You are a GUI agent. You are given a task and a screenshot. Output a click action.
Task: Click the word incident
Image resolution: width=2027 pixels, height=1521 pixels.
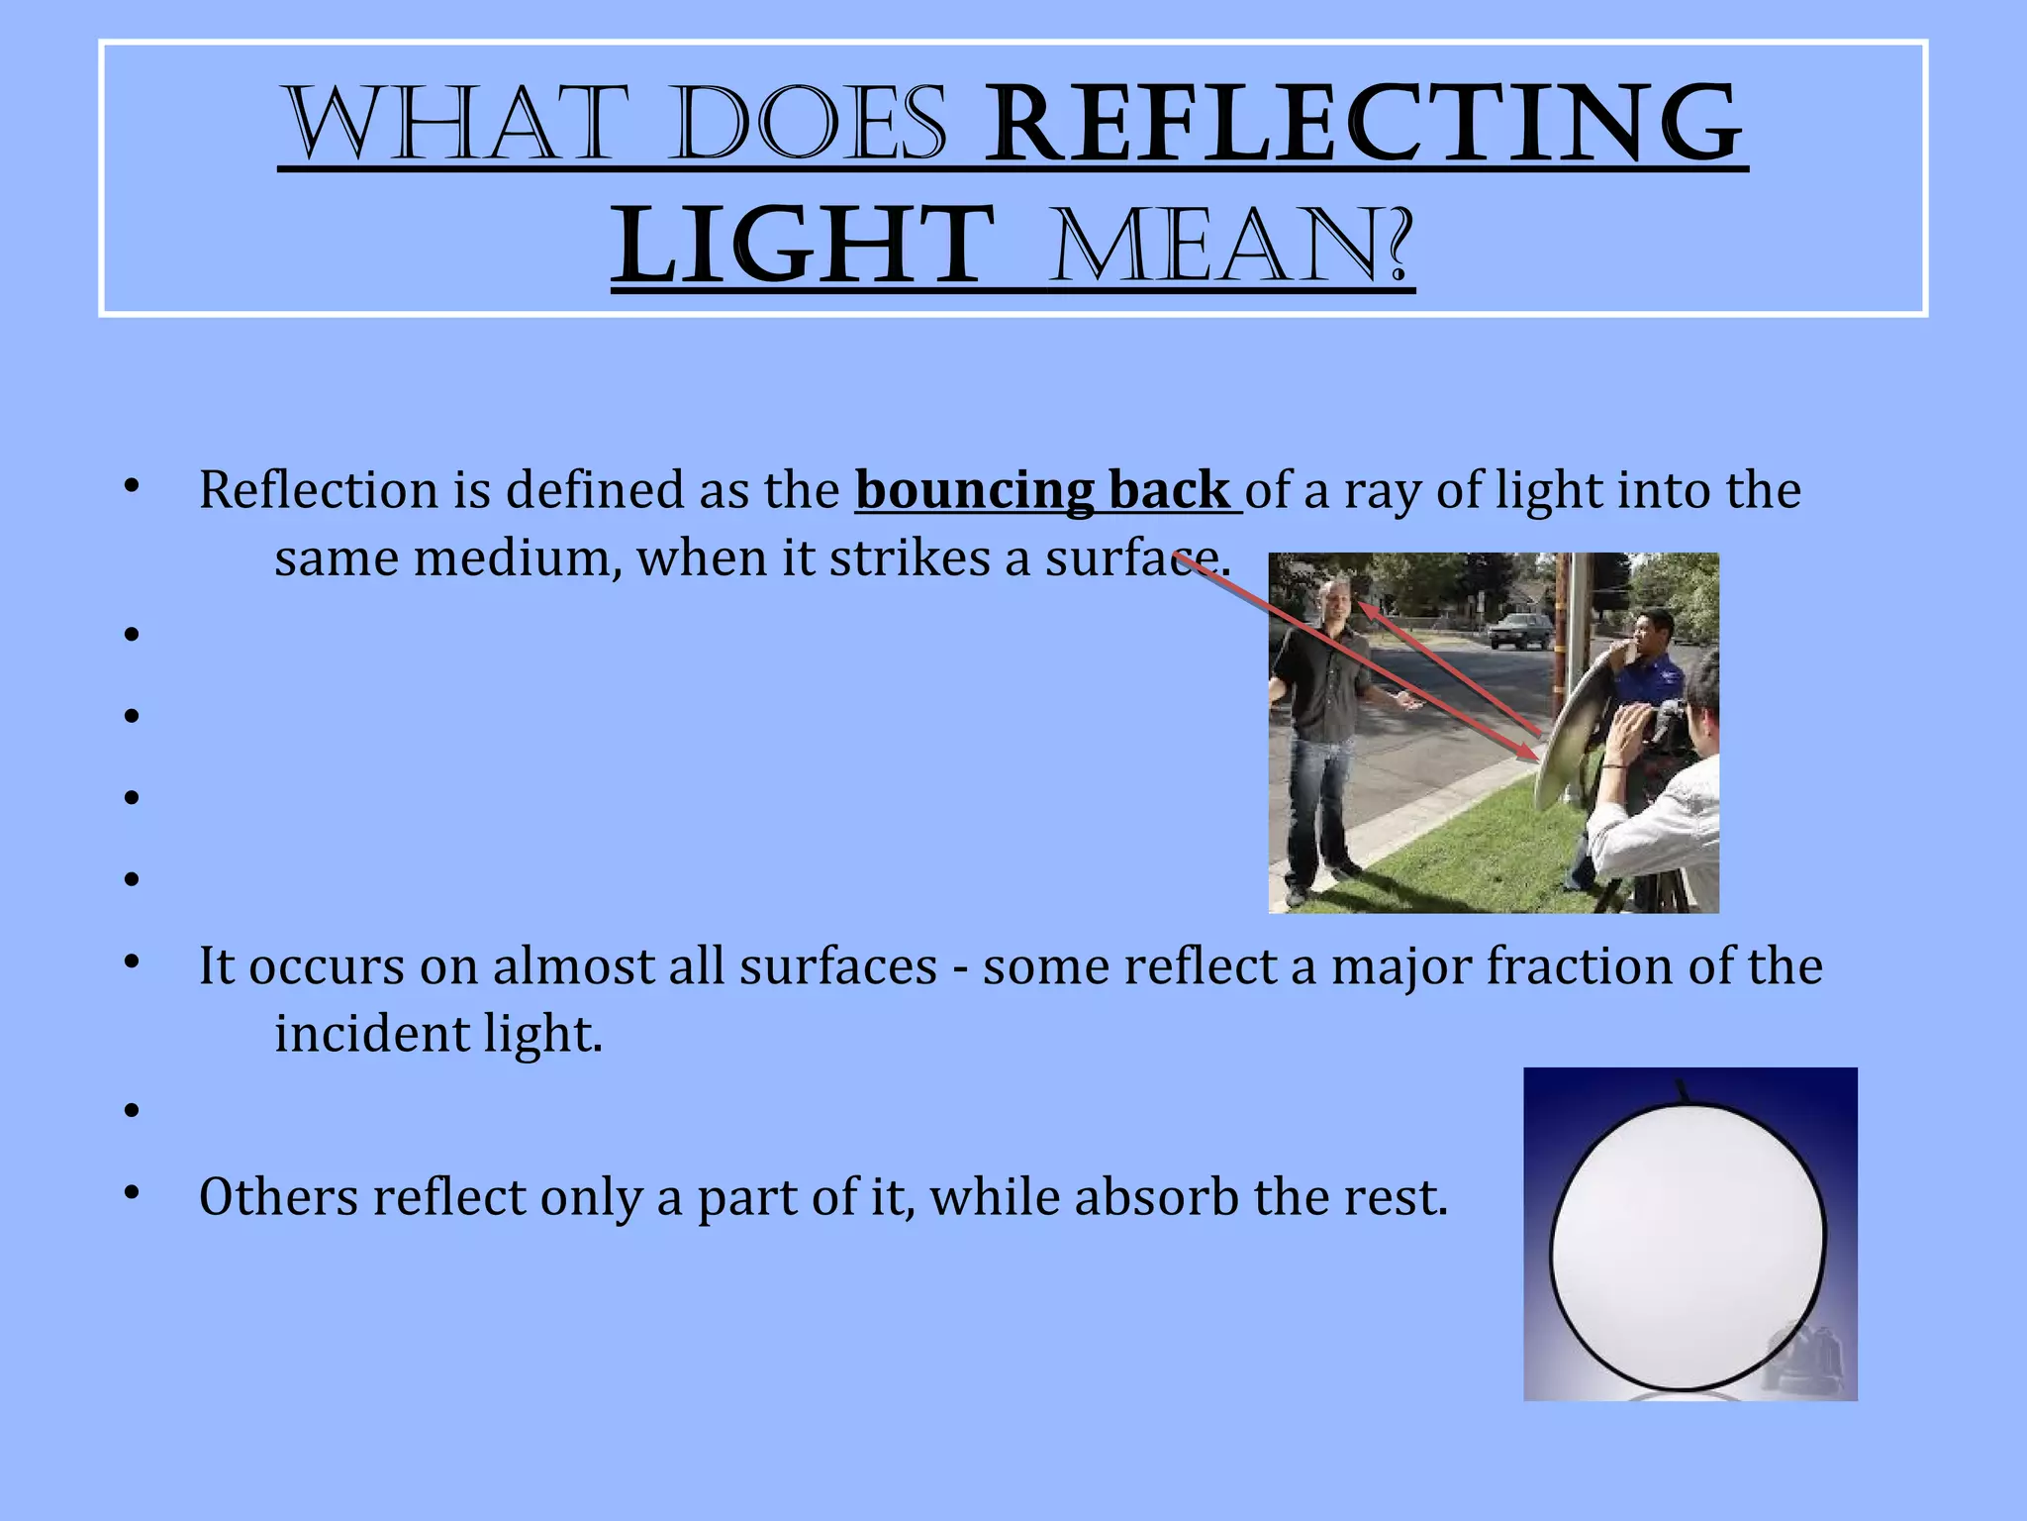pos(370,1034)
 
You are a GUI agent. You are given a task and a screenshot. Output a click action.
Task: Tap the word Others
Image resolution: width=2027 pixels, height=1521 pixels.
pos(278,1197)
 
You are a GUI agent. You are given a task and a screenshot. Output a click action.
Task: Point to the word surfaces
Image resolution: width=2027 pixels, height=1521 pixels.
pos(837,966)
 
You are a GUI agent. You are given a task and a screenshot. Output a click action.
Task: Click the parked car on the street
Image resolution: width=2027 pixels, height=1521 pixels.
pos(1520,630)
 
